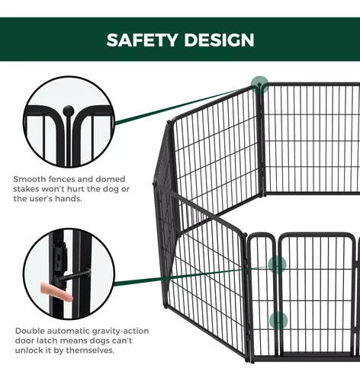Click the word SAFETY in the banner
[142, 40]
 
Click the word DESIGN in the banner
[219, 40]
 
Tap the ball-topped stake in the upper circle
[69, 135]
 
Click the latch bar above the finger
[74, 275]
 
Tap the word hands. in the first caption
[70, 199]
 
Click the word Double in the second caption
[30, 331]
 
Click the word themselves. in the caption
[90, 351]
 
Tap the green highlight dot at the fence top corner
[259, 85]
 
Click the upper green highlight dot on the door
[277, 264]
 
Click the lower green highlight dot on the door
[278, 321]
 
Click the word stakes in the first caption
[25, 189]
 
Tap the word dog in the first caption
[111, 189]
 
